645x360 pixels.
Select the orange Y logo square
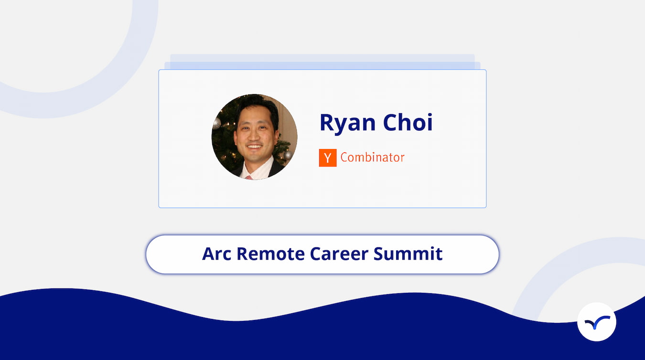(x=327, y=158)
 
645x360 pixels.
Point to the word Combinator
(x=372, y=157)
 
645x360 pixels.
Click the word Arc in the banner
(x=216, y=254)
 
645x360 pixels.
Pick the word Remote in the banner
(x=270, y=254)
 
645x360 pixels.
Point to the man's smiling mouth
(x=255, y=147)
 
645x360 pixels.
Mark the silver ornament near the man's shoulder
(x=288, y=156)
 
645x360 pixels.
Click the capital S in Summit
(x=379, y=254)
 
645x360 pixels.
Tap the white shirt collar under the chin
(x=258, y=169)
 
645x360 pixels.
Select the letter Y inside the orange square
(x=327, y=158)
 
